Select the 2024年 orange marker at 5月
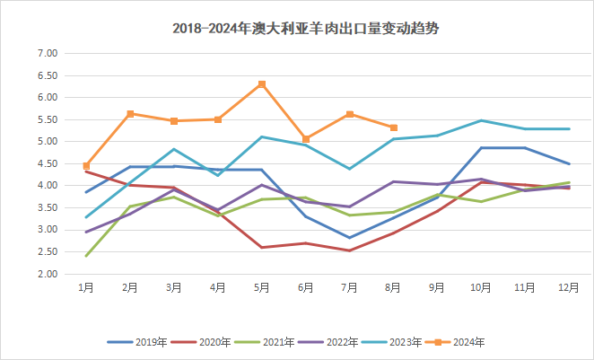[x=262, y=84]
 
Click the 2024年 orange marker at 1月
[x=86, y=166]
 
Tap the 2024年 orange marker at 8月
[x=394, y=127]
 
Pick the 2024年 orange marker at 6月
[x=306, y=139]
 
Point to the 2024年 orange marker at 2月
[x=130, y=114]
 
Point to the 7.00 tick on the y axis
[x=45, y=54]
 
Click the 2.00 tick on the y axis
[x=45, y=274]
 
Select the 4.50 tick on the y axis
[x=45, y=163]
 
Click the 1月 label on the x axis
[x=86, y=286]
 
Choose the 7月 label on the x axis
[x=350, y=286]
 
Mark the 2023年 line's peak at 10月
[x=482, y=120]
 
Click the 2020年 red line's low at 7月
[x=350, y=250]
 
